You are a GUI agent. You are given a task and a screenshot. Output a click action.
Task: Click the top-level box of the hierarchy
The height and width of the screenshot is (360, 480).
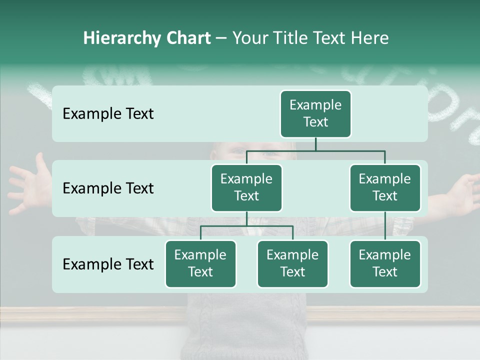click(x=315, y=114)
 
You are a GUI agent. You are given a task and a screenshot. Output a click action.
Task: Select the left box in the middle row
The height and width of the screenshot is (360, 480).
click(x=246, y=188)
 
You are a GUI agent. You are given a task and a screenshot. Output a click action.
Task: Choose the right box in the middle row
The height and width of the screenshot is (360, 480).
click(x=385, y=188)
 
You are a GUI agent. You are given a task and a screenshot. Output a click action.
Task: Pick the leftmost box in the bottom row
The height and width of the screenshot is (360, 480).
click(x=200, y=264)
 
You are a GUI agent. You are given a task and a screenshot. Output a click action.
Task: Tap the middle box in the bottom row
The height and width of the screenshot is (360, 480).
click(x=292, y=264)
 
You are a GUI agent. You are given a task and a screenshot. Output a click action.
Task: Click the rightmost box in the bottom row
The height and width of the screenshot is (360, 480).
click(x=385, y=264)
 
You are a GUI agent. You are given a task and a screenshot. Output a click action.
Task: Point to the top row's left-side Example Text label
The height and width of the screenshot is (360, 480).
click(x=108, y=114)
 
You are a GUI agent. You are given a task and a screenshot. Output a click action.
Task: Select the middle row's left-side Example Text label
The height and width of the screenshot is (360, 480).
click(x=108, y=188)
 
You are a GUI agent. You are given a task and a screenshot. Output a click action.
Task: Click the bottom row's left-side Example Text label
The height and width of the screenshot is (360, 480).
click(x=108, y=264)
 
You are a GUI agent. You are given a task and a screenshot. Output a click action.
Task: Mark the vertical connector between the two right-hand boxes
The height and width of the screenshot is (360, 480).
click(x=385, y=226)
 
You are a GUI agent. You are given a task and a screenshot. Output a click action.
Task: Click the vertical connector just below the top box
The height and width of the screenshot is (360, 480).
click(x=315, y=144)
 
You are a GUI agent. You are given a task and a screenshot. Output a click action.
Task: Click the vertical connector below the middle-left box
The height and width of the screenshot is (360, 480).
click(x=246, y=218)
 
